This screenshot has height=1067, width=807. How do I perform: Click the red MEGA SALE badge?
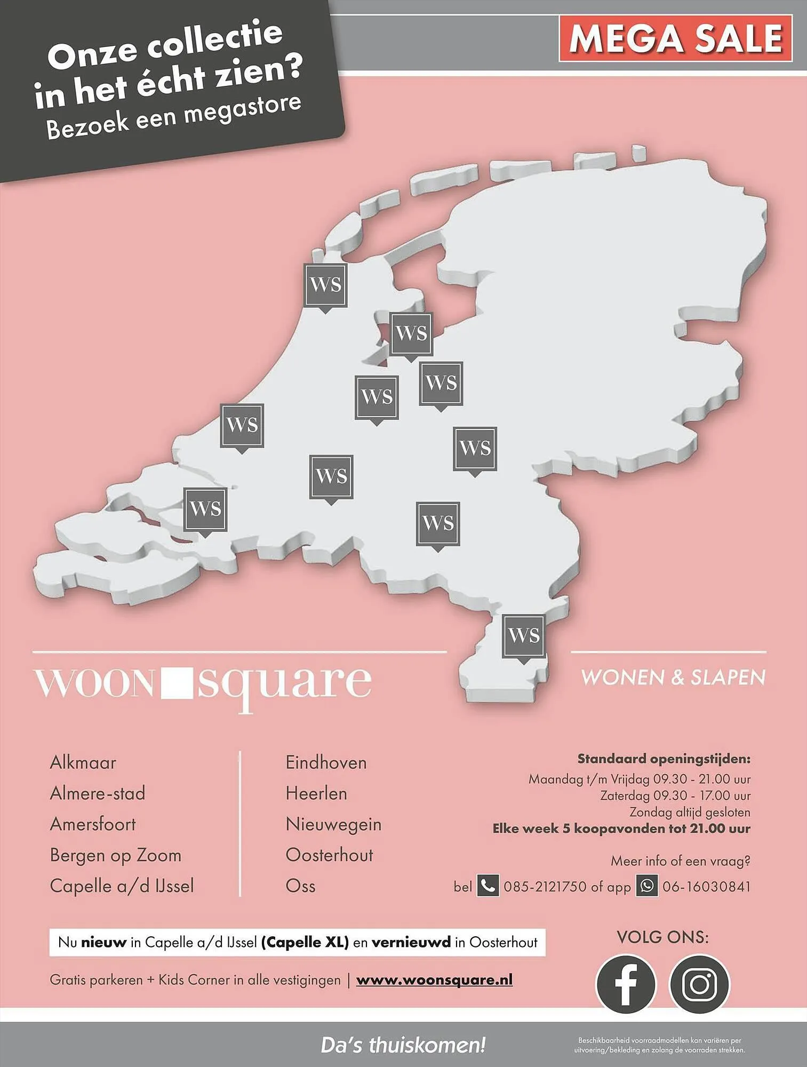tap(675, 38)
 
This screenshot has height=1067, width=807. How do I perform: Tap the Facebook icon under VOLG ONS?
tap(625, 983)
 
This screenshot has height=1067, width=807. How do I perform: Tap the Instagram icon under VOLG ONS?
tap(699, 983)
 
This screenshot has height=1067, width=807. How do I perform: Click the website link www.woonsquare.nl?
tap(434, 980)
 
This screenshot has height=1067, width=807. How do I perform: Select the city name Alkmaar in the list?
tap(83, 762)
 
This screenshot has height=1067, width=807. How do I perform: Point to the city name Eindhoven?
tap(326, 762)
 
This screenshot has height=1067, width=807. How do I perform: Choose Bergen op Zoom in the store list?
tap(115, 855)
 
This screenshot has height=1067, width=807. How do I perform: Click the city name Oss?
tap(300, 886)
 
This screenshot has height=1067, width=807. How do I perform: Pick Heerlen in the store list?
tap(316, 793)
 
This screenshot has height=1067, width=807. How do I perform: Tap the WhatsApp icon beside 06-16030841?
tap(646, 886)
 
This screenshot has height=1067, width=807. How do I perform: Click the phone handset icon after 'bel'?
tap(488, 886)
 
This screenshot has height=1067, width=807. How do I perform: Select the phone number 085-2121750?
tap(545, 887)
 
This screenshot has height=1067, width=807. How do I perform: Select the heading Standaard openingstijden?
tap(664, 759)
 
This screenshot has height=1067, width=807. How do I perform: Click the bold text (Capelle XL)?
tap(305, 942)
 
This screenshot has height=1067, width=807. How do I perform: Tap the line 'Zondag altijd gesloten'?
tap(690, 813)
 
